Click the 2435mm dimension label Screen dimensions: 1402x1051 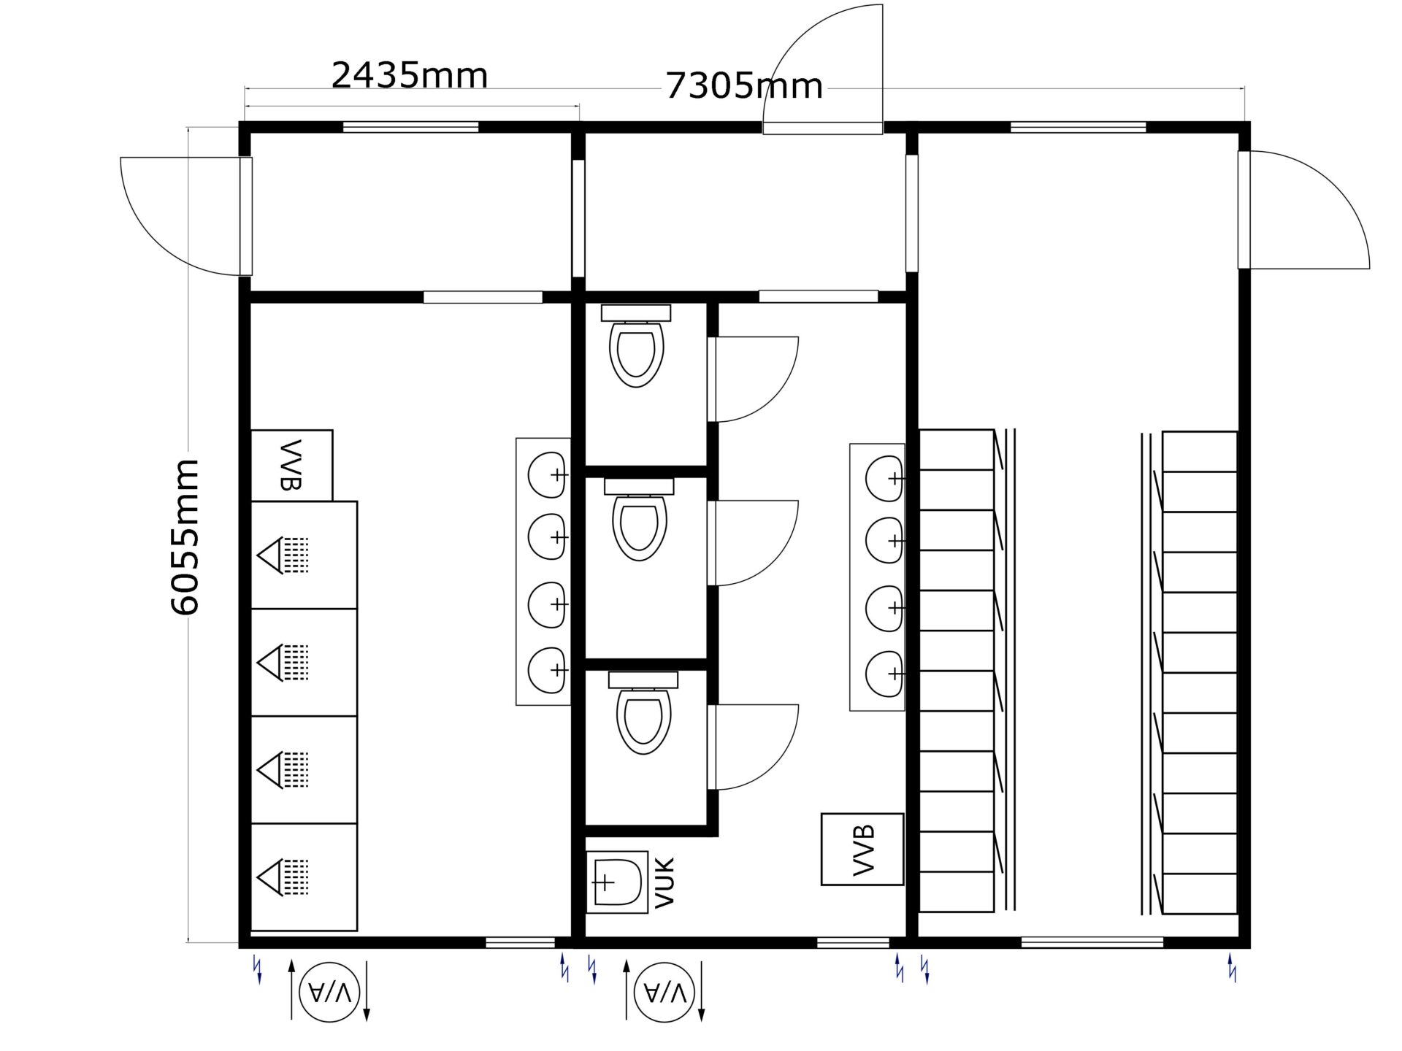(410, 75)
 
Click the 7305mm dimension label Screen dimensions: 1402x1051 (744, 86)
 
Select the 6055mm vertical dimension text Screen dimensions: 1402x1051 (185, 537)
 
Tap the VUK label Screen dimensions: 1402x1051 (665, 882)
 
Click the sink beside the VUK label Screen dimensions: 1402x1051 (618, 882)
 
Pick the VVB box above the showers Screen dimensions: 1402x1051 (292, 465)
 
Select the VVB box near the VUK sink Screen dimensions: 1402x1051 (862, 850)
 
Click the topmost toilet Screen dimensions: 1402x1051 (636, 346)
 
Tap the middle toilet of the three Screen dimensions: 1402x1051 (639, 520)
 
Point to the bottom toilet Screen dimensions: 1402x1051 (643, 713)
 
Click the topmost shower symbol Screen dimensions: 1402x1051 (283, 555)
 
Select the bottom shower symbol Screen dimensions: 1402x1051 (283, 877)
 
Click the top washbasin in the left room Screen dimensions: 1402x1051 (548, 474)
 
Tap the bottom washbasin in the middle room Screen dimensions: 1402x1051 (886, 673)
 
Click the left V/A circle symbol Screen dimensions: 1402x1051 (329, 992)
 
